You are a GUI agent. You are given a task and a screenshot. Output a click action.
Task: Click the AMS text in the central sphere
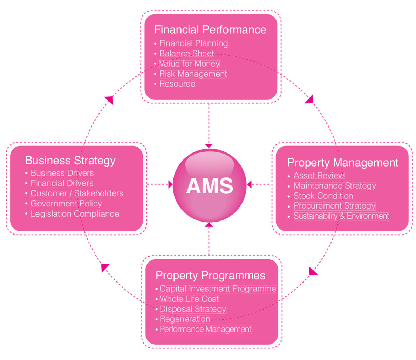pos(210,186)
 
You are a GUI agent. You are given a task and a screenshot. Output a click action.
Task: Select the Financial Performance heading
pos(210,30)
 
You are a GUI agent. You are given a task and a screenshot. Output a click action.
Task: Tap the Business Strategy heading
pos(70,161)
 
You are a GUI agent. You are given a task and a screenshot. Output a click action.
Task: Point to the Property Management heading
pos(342,163)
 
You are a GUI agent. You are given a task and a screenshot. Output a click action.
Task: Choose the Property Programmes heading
pos(210,276)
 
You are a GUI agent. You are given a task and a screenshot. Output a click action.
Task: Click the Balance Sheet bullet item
pos(186,54)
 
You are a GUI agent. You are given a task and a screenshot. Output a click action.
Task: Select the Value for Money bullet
pos(189,64)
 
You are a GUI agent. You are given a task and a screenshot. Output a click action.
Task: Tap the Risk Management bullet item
pos(193,74)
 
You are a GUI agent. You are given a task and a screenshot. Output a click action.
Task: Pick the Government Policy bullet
pos(66,204)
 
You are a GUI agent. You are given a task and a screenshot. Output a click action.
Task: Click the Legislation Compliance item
pos(75,214)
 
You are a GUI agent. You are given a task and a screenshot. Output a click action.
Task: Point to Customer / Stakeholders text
pos(77,193)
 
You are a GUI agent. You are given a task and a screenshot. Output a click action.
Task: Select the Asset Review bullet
pos(319,176)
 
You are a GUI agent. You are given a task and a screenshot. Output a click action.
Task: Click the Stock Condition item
pos(323,196)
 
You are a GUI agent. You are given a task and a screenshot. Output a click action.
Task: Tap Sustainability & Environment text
pos(341,216)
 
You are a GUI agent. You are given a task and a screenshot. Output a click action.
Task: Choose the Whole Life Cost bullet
pos(189,299)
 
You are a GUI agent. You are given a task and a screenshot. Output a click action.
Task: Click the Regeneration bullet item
pos(185,319)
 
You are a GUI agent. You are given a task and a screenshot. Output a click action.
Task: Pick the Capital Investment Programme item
pos(218,289)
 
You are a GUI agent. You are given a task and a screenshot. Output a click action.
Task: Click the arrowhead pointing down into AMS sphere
pos(209,145)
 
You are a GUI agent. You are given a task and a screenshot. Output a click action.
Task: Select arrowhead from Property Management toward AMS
pos(249,184)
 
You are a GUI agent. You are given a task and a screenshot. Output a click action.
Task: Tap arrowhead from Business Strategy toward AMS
pos(171,184)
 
